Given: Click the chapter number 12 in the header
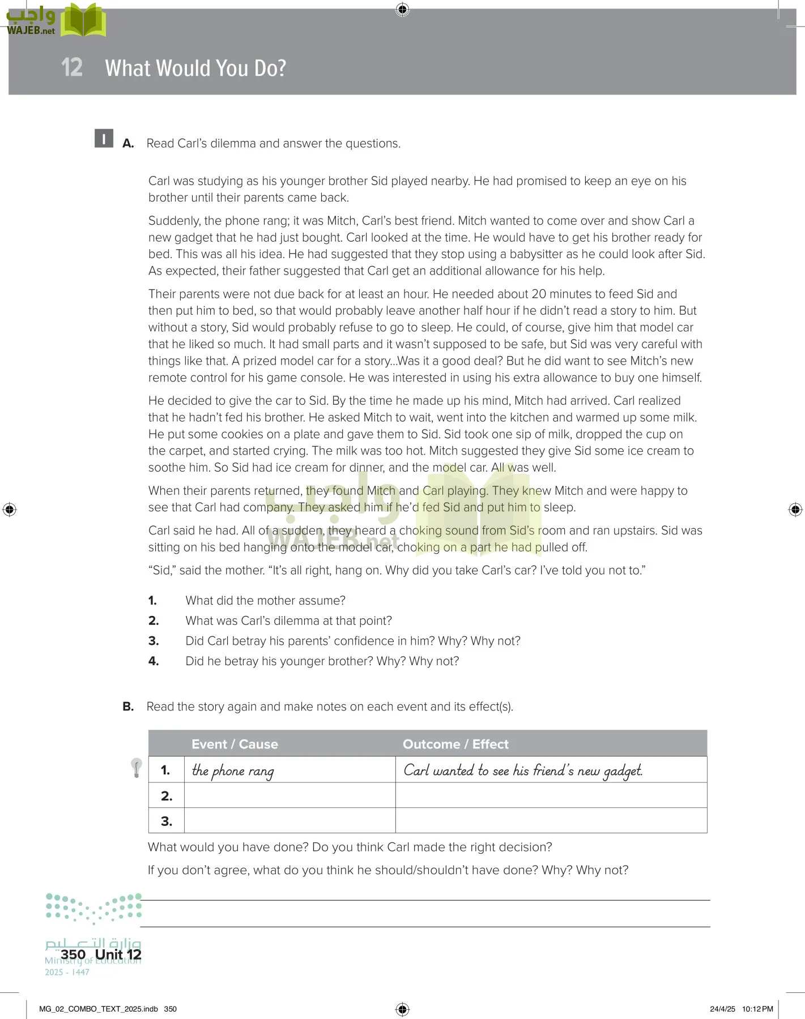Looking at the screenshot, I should click(x=72, y=67).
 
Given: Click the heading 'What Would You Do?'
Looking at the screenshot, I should click(x=195, y=68).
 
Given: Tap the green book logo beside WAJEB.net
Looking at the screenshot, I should click(x=83, y=21).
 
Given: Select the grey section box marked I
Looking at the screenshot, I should click(x=104, y=139).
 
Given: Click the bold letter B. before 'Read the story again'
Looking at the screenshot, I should click(x=128, y=707).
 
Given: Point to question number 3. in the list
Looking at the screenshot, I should click(x=153, y=641).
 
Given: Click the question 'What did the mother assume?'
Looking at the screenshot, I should click(x=265, y=600).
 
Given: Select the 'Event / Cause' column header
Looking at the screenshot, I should click(x=235, y=744).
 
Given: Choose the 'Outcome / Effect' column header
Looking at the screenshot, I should click(x=455, y=744).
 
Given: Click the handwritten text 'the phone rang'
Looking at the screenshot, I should click(x=233, y=770).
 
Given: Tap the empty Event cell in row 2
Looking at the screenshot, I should click(x=289, y=795).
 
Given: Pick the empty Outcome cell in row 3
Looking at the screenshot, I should click(x=551, y=820).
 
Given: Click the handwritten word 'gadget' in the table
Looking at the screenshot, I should click(x=623, y=771).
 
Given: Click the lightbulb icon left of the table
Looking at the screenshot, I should click(x=136, y=768).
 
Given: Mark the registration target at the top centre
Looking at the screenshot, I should click(x=402, y=9).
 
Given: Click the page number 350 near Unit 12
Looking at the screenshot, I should click(x=73, y=954).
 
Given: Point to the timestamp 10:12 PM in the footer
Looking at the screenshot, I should click(x=757, y=1009).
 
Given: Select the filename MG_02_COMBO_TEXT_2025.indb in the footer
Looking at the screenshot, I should click(x=99, y=1009).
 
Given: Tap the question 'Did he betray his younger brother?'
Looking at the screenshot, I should click(x=322, y=661).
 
